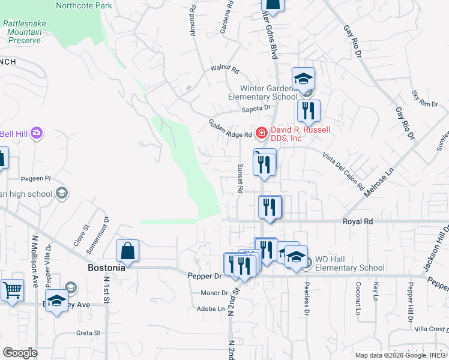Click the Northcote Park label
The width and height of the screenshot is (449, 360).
point(83,5)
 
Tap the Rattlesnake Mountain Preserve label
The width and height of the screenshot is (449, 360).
point(23,32)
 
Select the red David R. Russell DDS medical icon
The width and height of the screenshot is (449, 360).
point(261,132)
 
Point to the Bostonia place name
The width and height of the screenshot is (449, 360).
point(106,268)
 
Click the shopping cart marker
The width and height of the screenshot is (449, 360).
point(12,290)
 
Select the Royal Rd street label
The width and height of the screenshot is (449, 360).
point(358,221)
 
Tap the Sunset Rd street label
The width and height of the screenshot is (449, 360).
point(240,178)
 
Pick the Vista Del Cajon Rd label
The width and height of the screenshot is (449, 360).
point(343,171)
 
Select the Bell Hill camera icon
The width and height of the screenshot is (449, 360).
point(37,133)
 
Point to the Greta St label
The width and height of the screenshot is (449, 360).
point(88,332)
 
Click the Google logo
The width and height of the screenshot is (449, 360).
point(20,353)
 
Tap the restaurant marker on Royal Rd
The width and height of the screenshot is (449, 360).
point(270,208)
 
